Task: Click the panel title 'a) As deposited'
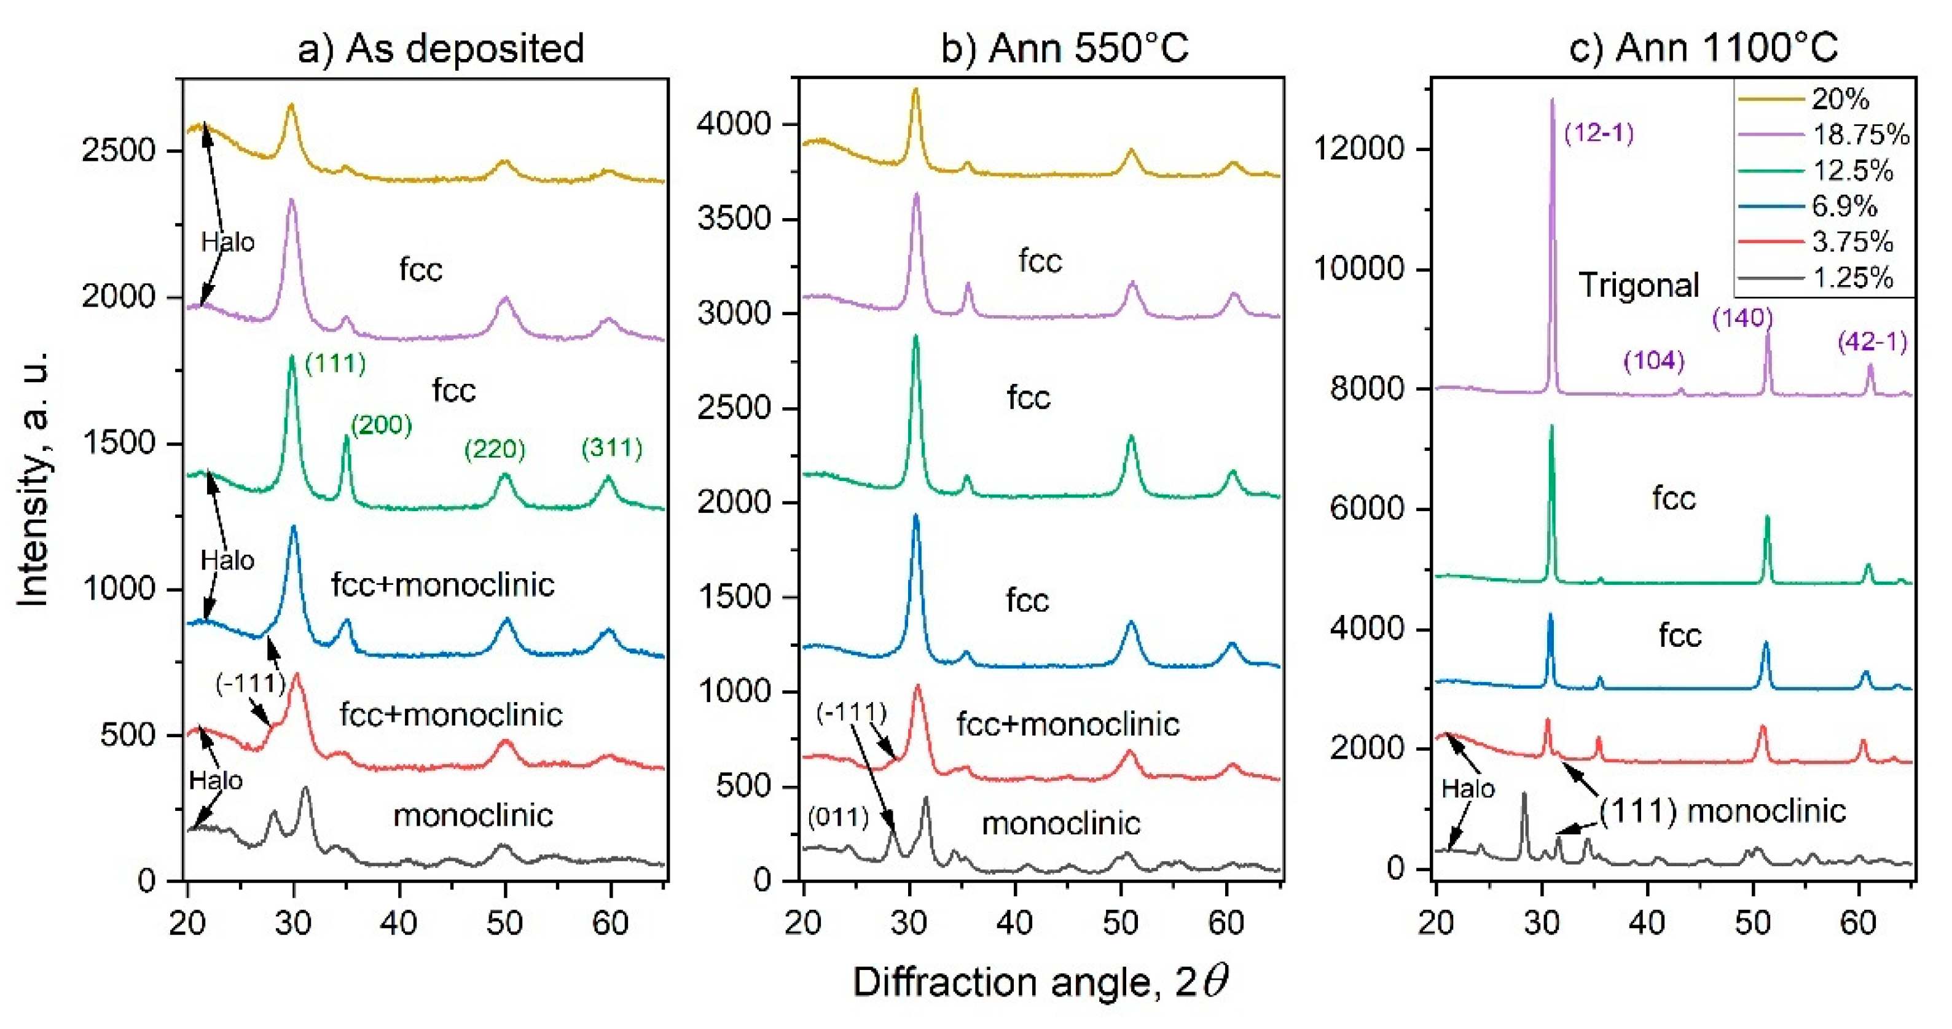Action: (441, 49)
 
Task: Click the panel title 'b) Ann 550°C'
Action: (1064, 49)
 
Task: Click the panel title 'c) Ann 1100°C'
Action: (1703, 49)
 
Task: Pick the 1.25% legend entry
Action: (1852, 278)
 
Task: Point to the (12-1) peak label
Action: (1599, 133)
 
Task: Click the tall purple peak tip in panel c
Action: (1552, 101)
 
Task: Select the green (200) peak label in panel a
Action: (381, 425)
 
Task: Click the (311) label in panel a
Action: (611, 448)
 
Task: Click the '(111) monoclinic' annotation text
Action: (1722, 811)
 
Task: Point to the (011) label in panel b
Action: (838, 817)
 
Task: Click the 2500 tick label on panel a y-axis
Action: (117, 150)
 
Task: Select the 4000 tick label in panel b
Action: (734, 123)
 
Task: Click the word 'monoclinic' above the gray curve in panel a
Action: (473, 815)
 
